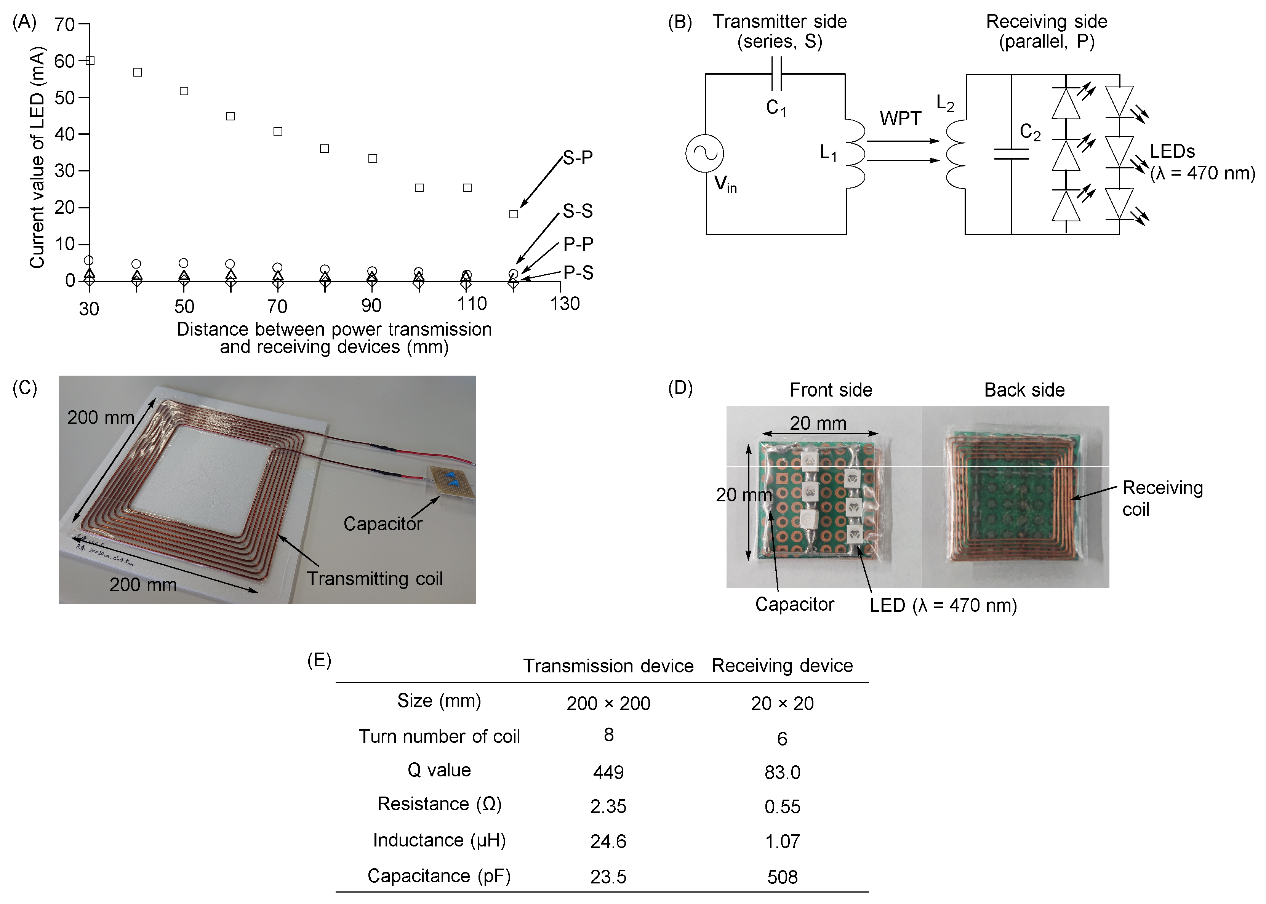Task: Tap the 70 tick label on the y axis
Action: click(65, 25)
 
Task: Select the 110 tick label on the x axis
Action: click(472, 304)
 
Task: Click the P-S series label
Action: click(578, 273)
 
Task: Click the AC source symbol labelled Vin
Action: click(704, 154)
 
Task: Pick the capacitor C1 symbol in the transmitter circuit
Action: click(776, 75)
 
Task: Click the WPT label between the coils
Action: click(900, 118)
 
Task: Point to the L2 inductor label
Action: click(945, 103)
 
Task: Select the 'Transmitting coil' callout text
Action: click(375, 579)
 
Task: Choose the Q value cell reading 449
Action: click(608, 772)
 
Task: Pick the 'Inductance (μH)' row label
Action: click(439, 840)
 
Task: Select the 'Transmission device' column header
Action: click(608, 666)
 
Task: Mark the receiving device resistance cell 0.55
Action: click(782, 806)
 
